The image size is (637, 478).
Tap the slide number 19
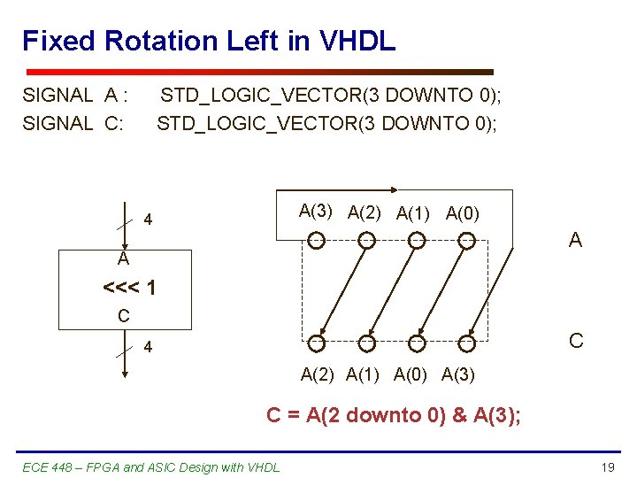pos(607,466)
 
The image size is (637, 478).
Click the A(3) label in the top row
pos(316,211)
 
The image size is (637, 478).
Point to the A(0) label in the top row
pos(463,212)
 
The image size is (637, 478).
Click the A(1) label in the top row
pos(414,212)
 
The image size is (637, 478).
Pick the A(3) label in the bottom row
pos(457,374)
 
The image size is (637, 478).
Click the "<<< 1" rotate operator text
pos(130,288)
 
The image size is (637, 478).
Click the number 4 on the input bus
pos(149,219)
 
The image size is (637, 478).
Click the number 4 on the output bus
pos(149,348)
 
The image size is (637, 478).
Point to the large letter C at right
pos(576,341)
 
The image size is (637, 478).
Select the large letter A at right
pos(575,240)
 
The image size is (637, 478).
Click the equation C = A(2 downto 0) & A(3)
pos(394,414)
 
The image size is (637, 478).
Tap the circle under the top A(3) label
pos(316,240)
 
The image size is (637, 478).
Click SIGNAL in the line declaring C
pos(58,123)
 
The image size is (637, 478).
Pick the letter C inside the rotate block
pos(124,315)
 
